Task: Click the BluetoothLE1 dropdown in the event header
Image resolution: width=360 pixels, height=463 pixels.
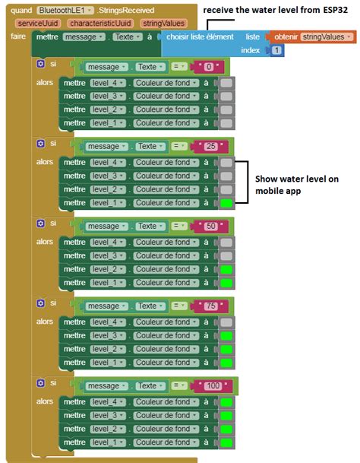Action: click(65, 11)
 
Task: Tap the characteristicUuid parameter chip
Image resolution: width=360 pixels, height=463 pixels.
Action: click(98, 24)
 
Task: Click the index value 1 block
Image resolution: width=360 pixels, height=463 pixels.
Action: click(276, 50)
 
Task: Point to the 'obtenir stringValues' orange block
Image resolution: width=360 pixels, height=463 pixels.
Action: click(313, 36)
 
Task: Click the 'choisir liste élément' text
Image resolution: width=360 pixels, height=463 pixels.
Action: click(201, 37)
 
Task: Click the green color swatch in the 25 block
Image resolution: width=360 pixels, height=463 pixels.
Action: click(226, 203)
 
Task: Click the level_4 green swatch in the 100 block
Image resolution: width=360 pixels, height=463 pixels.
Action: click(226, 402)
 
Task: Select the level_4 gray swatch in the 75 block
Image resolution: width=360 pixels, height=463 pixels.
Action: click(226, 322)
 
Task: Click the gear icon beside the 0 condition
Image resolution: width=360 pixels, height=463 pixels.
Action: click(39, 64)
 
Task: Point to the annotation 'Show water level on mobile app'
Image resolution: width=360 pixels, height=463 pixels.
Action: click(296, 185)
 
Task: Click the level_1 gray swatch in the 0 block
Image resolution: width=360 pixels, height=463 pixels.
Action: click(226, 123)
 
